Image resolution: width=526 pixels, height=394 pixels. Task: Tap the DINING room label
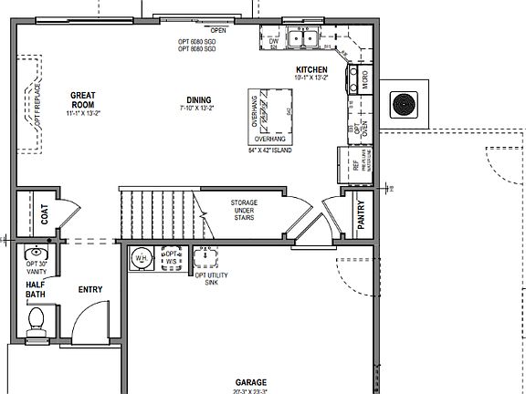click(x=197, y=99)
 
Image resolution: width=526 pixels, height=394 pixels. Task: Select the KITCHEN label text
click(x=312, y=70)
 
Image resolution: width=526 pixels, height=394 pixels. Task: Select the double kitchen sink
click(x=304, y=38)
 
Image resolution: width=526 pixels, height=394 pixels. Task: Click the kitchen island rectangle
click(x=269, y=116)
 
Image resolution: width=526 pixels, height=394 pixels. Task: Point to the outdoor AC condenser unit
click(x=404, y=104)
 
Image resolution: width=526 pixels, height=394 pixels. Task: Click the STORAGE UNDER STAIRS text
click(x=243, y=209)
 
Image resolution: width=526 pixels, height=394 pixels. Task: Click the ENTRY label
click(x=90, y=290)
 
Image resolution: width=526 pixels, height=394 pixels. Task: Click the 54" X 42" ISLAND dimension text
click(x=269, y=150)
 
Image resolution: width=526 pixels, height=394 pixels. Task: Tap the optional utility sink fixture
click(x=203, y=257)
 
